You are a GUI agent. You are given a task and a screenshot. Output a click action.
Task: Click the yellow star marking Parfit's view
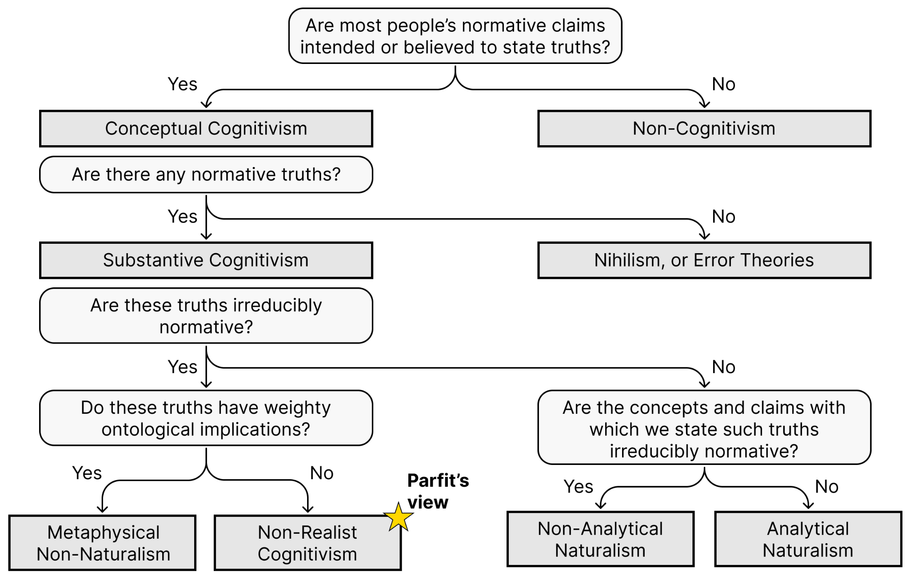(x=399, y=517)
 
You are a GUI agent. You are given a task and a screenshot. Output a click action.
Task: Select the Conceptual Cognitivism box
(x=206, y=129)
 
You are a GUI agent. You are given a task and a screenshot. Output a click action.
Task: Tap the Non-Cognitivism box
(x=704, y=129)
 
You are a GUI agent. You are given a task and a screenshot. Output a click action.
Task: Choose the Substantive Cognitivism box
(x=206, y=260)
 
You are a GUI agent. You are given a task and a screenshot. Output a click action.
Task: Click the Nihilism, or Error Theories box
(x=704, y=260)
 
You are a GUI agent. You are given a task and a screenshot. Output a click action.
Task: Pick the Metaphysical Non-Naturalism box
(x=103, y=543)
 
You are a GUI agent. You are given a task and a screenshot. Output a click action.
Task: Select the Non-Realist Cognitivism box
(x=308, y=543)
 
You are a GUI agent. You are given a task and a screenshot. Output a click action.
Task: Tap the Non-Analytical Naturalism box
(x=600, y=539)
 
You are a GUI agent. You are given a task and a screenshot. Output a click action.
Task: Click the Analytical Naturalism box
(x=808, y=539)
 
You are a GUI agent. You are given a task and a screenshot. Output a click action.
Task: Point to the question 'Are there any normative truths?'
(x=206, y=175)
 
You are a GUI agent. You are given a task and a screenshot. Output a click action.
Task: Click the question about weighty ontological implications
(x=206, y=418)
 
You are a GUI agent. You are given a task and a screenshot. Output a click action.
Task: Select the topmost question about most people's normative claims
(x=455, y=36)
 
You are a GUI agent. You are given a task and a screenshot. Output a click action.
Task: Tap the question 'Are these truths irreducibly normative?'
(x=206, y=316)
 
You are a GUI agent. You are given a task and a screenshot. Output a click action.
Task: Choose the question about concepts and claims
(x=704, y=427)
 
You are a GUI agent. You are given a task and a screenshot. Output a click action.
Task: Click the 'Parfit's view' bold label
(x=438, y=491)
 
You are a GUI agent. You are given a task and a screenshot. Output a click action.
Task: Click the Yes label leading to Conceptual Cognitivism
(x=182, y=84)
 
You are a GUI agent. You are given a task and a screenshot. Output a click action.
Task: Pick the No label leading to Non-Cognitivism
(x=723, y=84)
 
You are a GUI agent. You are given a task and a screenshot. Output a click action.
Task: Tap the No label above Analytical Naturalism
(x=826, y=487)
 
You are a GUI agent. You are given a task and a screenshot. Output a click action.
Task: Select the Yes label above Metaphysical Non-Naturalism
(x=87, y=473)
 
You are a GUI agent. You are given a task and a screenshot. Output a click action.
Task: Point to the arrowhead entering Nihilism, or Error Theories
(x=704, y=235)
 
